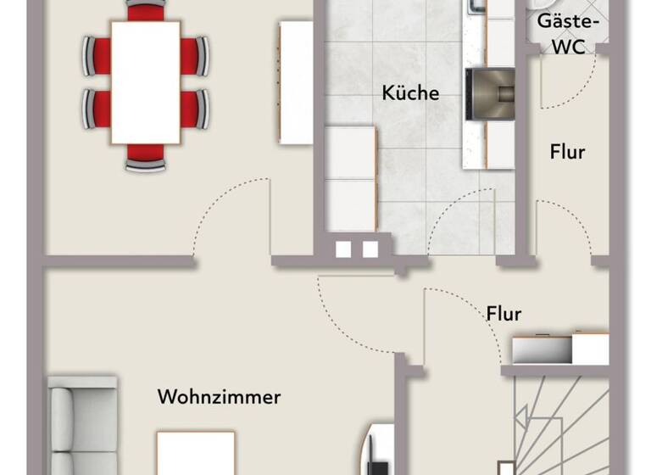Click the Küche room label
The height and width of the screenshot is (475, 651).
click(410, 92)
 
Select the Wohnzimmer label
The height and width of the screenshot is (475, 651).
click(219, 396)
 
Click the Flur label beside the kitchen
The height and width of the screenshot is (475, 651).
click(567, 153)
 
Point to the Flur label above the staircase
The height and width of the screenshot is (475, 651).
click(504, 313)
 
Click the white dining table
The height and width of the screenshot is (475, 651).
click(145, 81)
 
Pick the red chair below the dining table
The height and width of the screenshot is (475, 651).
click(146, 156)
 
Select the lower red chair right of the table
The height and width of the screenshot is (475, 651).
click(195, 109)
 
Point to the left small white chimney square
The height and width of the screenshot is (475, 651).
click(343, 249)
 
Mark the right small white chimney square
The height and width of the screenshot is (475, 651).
click(370, 249)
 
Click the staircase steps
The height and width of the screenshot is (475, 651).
click(559, 424)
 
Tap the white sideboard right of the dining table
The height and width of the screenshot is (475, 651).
click(297, 81)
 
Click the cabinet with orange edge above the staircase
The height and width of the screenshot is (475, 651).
click(559, 348)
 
